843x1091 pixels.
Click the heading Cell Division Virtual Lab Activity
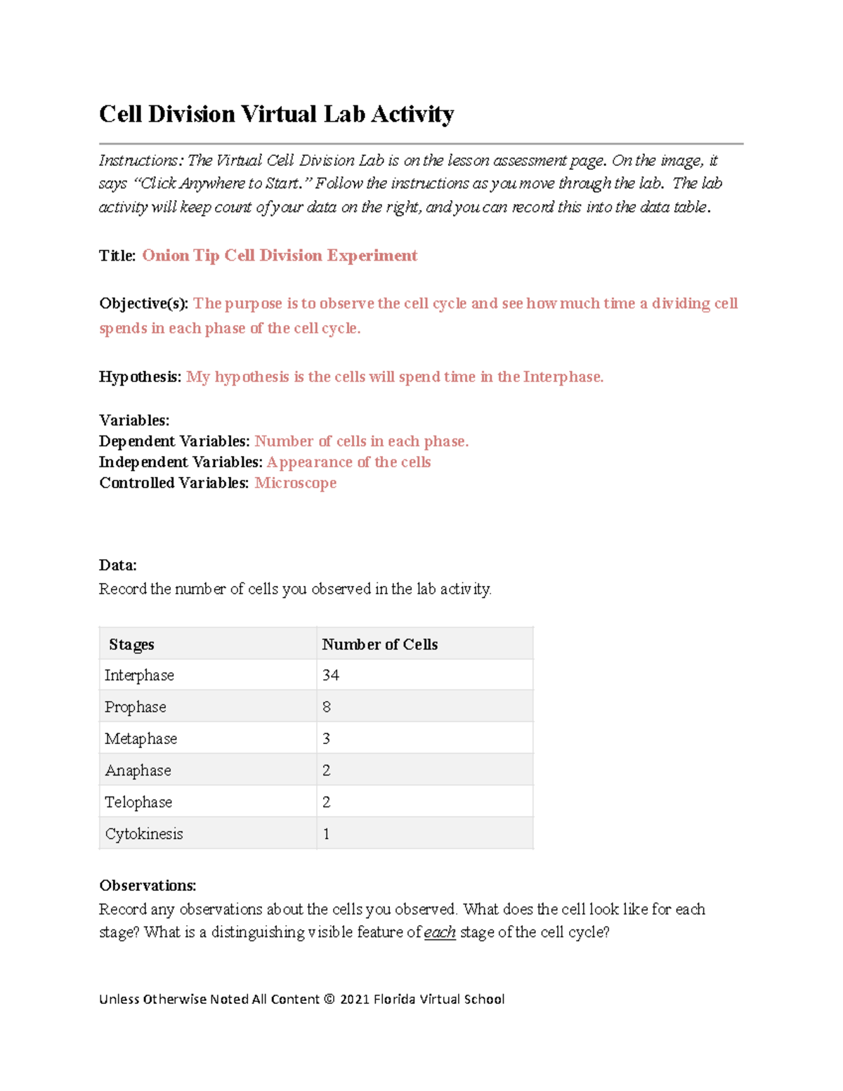pyautogui.click(x=276, y=114)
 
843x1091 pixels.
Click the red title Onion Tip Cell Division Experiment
pyautogui.click(x=280, y=255)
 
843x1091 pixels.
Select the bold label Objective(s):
pyautogui.click(x=143, y=303)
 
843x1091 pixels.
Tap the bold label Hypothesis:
pyautogui.click(x=140, y=377)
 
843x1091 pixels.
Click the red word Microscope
pyautogui.click(x=295, y=483)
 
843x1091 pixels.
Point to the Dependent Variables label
pyautogui.click(x=174, y=441)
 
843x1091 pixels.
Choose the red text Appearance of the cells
pyautogui.click(x=348, y=462)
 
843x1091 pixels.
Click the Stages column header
pyautogui.click(x=131, y=644)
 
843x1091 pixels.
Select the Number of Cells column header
pyautogui.click(x=379, y=644)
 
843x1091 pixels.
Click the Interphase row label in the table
pyautogui.click(x=139, y=675)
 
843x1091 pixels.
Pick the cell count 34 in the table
pyautogui.click(x=330, y=675)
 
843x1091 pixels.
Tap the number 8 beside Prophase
pyautogui.click(x=327, y=707)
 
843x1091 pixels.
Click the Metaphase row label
pyautogui.click(x=140, y=738)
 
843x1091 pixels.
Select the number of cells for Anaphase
pyautogui.click(x=327, y=770)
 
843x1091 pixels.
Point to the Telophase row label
pyautogui.click(x=138, y=802)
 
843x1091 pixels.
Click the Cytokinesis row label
pyautogui.click(x=144, y=834)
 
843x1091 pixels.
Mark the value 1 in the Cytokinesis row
pyautogui.click(x=326, y=834)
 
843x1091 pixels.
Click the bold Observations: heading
pyautogui.click(x=148, y=885)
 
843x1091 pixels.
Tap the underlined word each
pyautogui.click(x=440, y=932)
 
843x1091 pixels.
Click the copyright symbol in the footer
pyautogui.click(x=329, y=999)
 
